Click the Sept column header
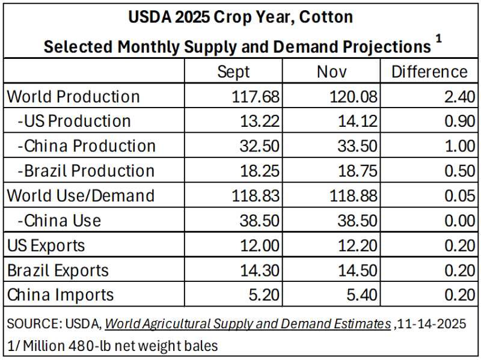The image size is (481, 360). click(233, 72)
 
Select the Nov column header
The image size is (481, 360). click(332, 72)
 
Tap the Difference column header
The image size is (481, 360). click(429, 72)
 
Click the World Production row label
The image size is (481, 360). click(73, 97)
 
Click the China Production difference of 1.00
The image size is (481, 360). click(459, 146)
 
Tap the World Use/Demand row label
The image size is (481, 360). click(81, 195)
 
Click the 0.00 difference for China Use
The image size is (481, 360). click(459, 221)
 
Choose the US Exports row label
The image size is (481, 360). click(46, 245)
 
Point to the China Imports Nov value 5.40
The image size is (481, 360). click(361, 294)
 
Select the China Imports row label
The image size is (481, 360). click(60, 294)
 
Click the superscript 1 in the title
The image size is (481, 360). click(439, 38)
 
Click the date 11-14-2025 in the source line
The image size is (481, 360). click(433, 324)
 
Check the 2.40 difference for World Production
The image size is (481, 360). click(459, 97)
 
